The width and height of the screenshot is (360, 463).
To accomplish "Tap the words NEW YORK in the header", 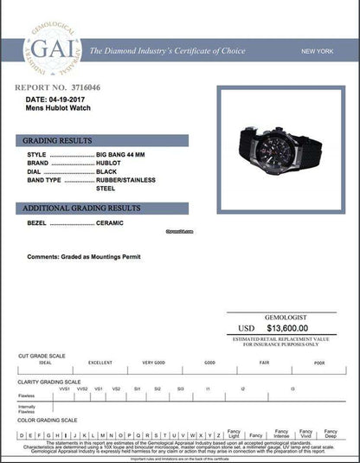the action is coord(318,51).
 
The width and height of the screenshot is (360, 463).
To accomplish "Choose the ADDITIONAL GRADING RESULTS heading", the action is coord(80,209).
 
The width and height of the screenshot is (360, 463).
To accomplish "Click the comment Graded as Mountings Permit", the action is coord(83,257).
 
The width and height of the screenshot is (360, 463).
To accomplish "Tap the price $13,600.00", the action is coord(287,328).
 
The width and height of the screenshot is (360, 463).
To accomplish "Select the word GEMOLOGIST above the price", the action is coord(286,317).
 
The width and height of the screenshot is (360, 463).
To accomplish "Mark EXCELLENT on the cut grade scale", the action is coord(100,363).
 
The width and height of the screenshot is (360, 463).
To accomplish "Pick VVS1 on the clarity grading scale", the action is coord(65,389).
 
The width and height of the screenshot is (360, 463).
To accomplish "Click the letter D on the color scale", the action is coord(22,434).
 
